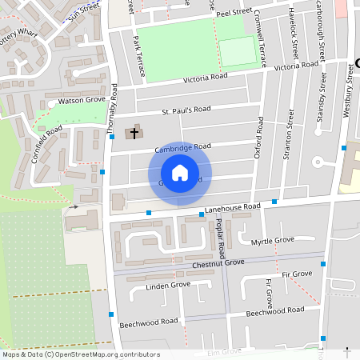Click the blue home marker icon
pyautogui.click(x=180, y=173)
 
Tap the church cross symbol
pyautogui.click(x=134, y=130)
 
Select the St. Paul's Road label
pyautogui.click(x=186, y=109)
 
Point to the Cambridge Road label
pyautogui.click(x=182, y=146)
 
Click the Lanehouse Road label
pyautogui.click(x=233, y=207)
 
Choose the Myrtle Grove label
pyautogui.click(x=273, y=241)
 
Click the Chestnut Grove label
pyautogui.click(x=218, y=263)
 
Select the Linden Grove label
pyautogui.click(x=168, y=285)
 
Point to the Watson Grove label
pyautogui.click(x=82, y=101)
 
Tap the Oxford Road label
pyautogui.click(x=259, y=137)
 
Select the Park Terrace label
pyautogui.click(x=139, y=56)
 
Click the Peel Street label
pyautogui.click(x=234, y=14)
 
